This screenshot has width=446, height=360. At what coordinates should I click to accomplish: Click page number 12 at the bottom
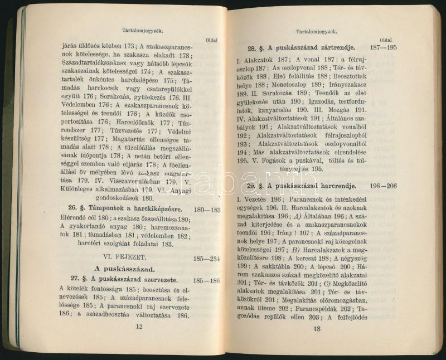click(139, 327)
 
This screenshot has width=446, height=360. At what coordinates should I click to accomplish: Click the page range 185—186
click(207, 280)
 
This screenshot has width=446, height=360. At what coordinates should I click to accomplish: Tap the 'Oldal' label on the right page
click(385, 40)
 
